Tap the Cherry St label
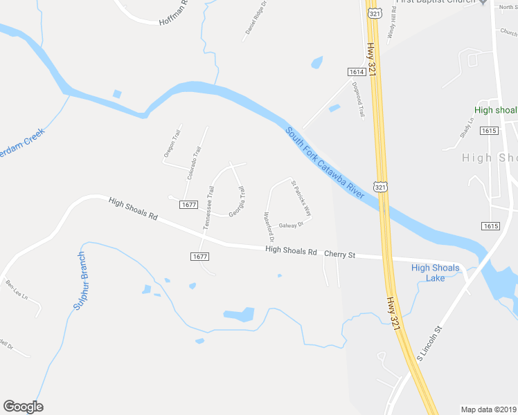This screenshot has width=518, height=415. pos(339,255)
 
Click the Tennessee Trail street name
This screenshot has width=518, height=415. pos(208,207)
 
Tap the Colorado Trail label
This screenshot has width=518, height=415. pos(193,163)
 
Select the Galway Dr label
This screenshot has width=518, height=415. pos(292,225)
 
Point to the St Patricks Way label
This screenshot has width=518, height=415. pos(301,199)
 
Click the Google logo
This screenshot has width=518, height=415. pos(23,407)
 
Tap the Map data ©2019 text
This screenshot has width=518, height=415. pos(489,409)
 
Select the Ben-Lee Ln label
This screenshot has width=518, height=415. pos(15,288)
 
